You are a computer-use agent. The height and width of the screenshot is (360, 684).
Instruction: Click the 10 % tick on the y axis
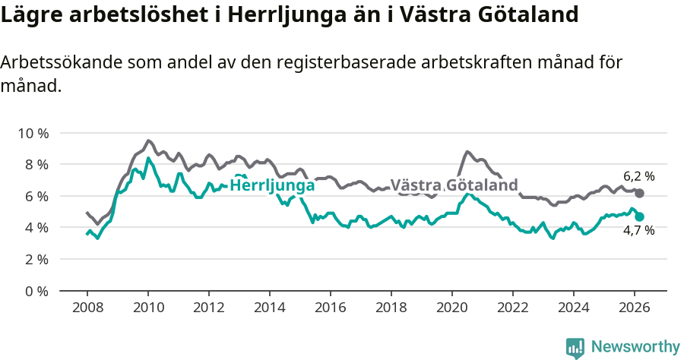(33, 133)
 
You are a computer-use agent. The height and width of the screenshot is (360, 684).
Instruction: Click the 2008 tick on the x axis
(87, 307)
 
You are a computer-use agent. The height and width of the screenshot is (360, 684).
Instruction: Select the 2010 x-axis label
(147, 307)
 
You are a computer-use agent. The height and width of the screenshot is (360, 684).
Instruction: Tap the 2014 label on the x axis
(269, 307)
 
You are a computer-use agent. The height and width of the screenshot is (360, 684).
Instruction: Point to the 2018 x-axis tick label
(391, 307)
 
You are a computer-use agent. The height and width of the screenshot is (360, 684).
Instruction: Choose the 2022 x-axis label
(513, 307)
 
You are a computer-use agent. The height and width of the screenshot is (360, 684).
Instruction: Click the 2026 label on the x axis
(635, 307)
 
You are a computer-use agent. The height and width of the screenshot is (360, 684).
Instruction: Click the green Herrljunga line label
(272, 186)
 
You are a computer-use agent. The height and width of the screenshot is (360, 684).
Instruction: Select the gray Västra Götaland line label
(454, 185)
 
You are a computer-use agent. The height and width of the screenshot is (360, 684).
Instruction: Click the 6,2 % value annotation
(638, 176)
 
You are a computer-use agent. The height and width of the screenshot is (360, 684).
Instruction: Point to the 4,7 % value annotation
(638, 230)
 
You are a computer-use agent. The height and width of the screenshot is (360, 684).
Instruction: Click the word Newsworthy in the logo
(635, 347)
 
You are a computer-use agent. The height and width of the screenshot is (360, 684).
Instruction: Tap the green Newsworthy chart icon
(575, 348)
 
